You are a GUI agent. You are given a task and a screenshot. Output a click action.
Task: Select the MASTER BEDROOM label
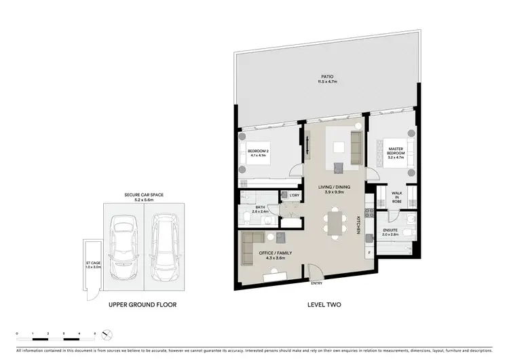[396, 151]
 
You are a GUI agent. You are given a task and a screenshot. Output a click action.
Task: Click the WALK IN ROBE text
[397, 198]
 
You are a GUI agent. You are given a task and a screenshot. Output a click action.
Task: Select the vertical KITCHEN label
[358, 224]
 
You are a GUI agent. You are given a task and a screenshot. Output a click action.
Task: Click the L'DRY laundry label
[294, 196]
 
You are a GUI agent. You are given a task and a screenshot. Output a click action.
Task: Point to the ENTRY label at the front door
[316, 283]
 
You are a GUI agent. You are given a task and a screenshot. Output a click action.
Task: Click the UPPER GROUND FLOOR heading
[143, 305]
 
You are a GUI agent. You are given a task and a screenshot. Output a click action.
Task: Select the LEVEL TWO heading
[323, 305]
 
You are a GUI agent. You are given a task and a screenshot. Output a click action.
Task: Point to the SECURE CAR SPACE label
[143, 196]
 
